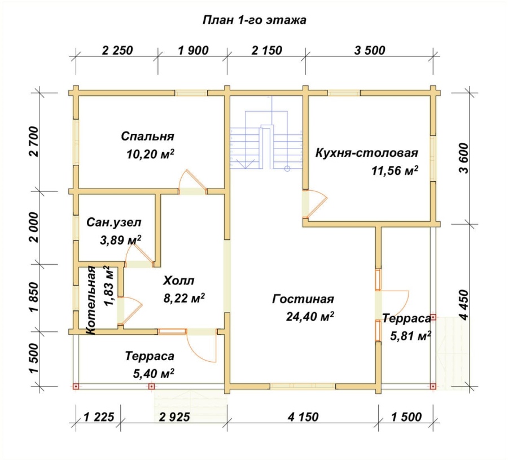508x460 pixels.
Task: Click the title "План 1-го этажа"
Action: click(x=255, y=20)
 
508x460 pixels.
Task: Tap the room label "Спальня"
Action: click(x=147, y=136)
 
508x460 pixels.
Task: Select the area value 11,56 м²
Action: click(x=395, y=170)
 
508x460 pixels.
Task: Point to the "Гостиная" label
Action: click(x=303, y=299)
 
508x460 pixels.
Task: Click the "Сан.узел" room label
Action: click(x=113, y=222)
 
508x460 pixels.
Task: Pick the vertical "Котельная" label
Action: click(x=91, y=300)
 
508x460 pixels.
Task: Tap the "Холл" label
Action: click(x=178, y=281)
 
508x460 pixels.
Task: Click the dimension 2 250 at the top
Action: click(x=117, y=51)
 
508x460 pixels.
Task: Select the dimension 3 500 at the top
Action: click(x=370, y=51)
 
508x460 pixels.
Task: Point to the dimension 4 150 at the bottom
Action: click(x=303, y=417)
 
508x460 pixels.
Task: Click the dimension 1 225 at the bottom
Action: click(x=99, y=417)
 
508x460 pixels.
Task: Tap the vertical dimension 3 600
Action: click(x=463, y=159)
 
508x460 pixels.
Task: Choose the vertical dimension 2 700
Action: click(x=34, y=142)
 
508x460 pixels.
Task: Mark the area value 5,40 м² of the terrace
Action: click(x=154, y=374)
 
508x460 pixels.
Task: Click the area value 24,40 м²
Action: click(x=310, y=317)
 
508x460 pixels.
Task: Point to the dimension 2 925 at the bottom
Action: click(x=174, y=417)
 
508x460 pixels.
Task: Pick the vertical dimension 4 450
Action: click(x=463, y=305)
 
